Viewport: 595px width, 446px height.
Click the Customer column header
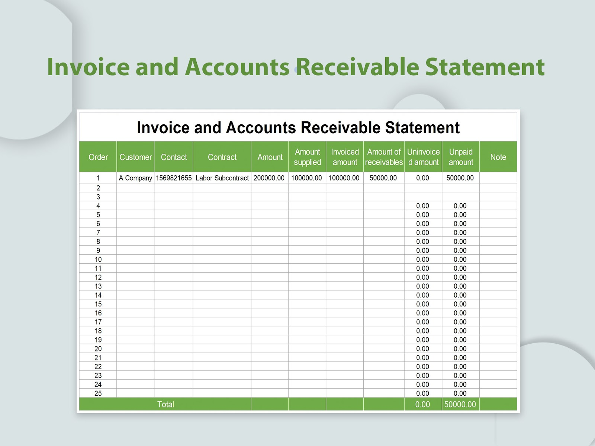pyautogui.click(x=135, y=157)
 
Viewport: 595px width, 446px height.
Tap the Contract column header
pyautogui.click(x=222, y=157)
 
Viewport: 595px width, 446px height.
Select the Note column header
pyautogui.click(x=498, y=157)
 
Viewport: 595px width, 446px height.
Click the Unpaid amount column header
pyautogui.click(x=461, y=157)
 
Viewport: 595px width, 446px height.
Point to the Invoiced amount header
pyautogui.click(x=345, y=157)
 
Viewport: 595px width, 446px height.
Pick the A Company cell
pyautogui.click(x=135, y=178)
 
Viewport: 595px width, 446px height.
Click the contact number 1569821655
pyautogui.click(x=174, y=178)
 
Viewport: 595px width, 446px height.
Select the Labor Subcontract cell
pyautogui.click(x=222, y=178)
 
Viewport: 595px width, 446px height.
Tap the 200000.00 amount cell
pyautogui.click(x=269, y=178)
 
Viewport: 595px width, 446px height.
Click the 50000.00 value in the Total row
pyautogui.click(x=460, y=404)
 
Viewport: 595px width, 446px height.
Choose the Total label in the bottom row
pyautogui.click(x=165, y=404)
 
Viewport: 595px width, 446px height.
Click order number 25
pyautogui.click(x=98, y=394)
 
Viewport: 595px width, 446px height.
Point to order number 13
pyautogui.click(x=98, y=286)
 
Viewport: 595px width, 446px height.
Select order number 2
pyautogui.click(x=98, y=188)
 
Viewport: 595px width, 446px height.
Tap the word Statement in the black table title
pyautogui.click(x=422, y=128)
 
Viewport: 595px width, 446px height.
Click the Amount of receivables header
pyautogui.click(x=384, y=157)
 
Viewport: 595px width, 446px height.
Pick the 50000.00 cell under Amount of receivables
pyautogui.click(x=383, y=178)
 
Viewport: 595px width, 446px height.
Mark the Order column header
pyautogui.click(x=98, y=157)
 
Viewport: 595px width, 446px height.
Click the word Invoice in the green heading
pyautogui.click(x=88, y=67)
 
